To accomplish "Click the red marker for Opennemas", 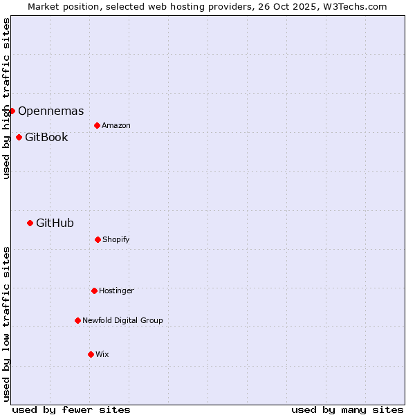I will tap(12, 111).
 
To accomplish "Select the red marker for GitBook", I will tap(19, 137).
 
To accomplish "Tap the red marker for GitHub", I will tap(30, 223).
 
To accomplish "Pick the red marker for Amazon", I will tap(97, 125).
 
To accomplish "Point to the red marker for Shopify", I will tap(98, 239).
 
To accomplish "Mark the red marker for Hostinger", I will tap(94, 290).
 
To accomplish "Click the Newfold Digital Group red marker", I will tap(77, 320).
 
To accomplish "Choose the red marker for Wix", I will tap(91, 354).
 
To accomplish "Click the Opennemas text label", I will tap(51, 111).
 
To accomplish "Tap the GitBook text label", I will tap(46, 137).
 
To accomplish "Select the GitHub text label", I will tap(55, 223).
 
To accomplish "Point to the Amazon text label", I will tap(116, 125).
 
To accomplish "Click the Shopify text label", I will tap(116, 239).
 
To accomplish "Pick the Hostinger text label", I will tap(116, 290).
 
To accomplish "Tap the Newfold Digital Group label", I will tap(122, 320).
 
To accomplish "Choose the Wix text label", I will tap(102, 354).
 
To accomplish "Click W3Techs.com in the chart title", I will tap(352, 6).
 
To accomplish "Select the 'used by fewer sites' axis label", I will tap(71, 409).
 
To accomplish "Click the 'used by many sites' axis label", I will tap(347, 409).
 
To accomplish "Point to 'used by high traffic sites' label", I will tap(6, 98).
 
